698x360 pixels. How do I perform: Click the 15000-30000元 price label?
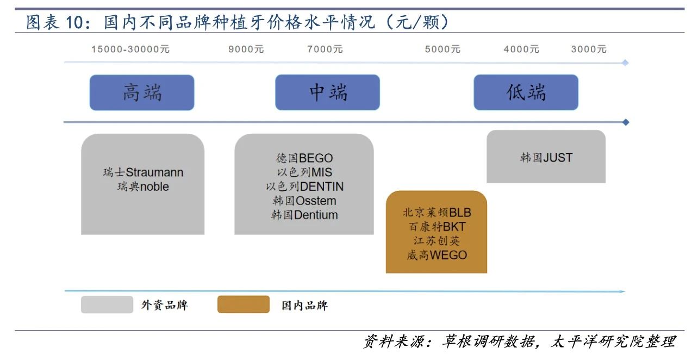coord(130,49)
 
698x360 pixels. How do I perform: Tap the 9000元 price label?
coord(246,49)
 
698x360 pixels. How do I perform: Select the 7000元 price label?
coord(325,49)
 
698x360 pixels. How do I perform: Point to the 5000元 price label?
coord(443,49)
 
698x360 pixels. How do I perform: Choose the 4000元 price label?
coord(521,49)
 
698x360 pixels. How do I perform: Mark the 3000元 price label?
coord(589,49)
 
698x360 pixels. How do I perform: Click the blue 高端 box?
coord(142,92)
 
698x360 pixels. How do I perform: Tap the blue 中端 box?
coord(327,92)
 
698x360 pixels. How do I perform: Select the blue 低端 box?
coord(526,92)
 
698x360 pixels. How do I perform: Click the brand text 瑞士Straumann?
coord(143,172)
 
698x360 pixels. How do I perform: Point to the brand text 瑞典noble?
coord(143,187)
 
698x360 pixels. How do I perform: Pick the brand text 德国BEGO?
coord(304,158)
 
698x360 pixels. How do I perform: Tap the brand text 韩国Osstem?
coord(304,201)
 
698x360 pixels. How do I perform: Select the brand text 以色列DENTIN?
coord(304,187)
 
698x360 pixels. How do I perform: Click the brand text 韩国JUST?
coord(546,158)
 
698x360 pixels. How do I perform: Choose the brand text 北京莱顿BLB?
coord(437,213)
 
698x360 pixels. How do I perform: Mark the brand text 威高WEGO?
coord(437,255)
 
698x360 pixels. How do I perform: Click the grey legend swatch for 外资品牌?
coord(107,305)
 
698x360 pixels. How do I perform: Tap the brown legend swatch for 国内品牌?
coord(244,304)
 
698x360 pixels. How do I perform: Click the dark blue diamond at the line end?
coord(625,122)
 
